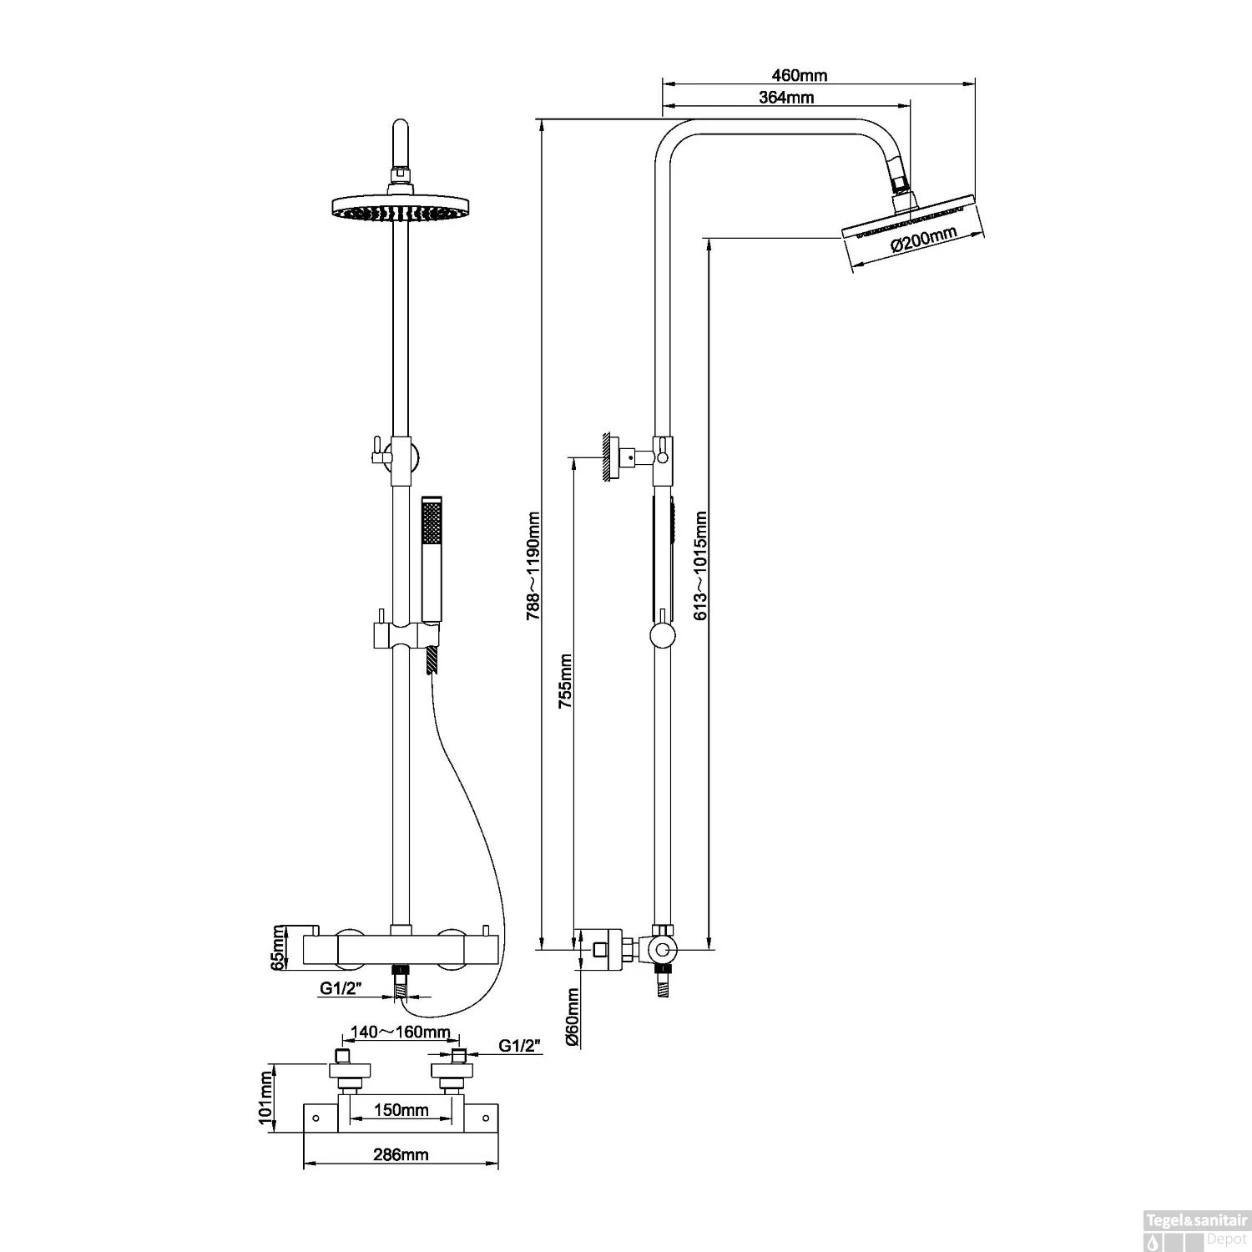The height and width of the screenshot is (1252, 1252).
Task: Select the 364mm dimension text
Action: [786, 98]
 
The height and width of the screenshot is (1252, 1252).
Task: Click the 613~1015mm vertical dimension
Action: [701, 566]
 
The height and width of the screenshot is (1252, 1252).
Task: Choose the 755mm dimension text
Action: [565, 681]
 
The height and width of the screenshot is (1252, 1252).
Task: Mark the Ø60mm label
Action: [573, 1017]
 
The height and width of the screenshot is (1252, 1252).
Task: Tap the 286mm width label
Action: [401, 1155]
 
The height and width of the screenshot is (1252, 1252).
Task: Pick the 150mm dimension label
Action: [401, 1110]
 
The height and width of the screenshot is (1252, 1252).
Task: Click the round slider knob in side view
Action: [662, 638]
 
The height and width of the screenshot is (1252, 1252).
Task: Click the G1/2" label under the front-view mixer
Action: [340, 989]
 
